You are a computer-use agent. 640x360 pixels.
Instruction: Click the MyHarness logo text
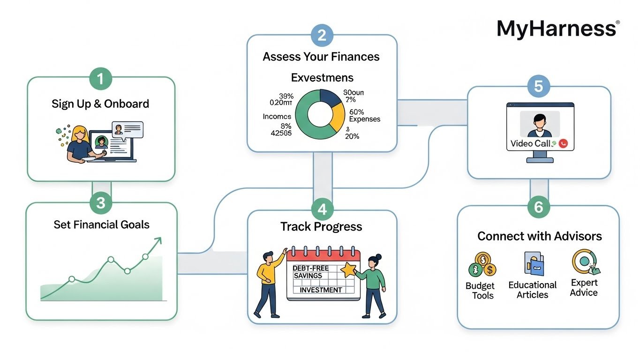pyautogui.click(x=557, y=29)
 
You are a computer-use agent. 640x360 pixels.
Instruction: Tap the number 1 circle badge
pyautogui.click(x=101, y=79)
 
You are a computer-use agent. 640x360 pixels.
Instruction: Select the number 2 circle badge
pyautogui.click(x=322, y=36)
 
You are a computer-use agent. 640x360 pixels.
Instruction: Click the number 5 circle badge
pyautogui.click(x=539, y=87)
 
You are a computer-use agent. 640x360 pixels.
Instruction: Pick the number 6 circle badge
pyautogui.click(x=539, y=207)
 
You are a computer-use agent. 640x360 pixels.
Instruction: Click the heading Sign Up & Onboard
pyautogui.click(x=100, y=104)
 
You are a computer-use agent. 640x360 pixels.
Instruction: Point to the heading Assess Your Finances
pyautogui.click(x=321, y=57)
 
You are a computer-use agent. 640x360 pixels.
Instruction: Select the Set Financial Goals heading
pyautogui.click(x=101, y=225)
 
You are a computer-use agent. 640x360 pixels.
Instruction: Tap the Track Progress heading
pyautogui.click(x=321, y=227)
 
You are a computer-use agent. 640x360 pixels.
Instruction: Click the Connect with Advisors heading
pyautogui.click(x=540, y=236)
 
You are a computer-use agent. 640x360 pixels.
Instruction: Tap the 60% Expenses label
pyautogui.click(x=364, y=115)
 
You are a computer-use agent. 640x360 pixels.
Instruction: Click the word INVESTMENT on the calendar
pyautogui.click(x=321, y=290)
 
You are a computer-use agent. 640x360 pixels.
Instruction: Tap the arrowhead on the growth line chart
pyautogui.click(x=158, y=240)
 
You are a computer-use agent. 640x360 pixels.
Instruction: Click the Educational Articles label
pyautogui.click(x=532, y=290)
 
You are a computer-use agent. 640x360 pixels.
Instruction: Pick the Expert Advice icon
pyautogui.click(x=585, y=262)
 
